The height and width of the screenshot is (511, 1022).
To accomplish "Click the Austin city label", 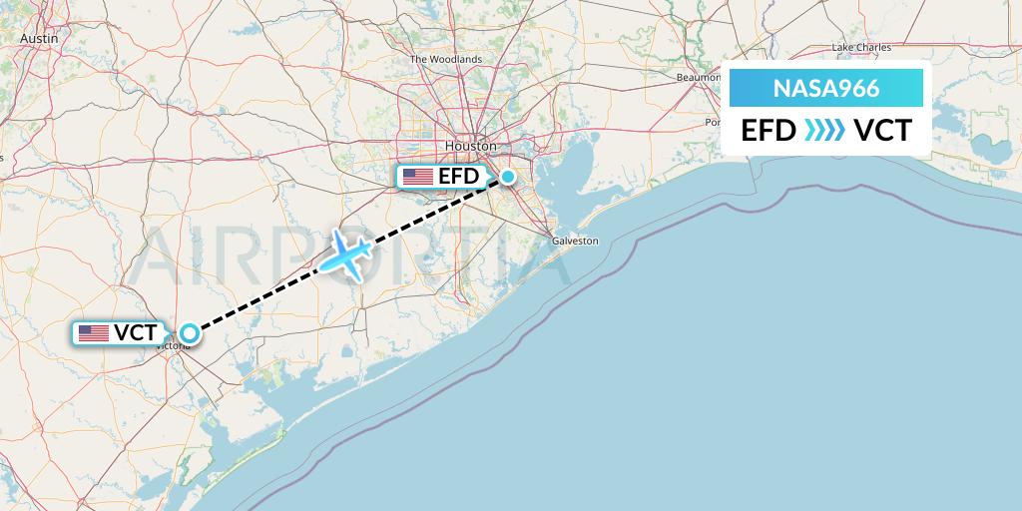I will coord(40,38).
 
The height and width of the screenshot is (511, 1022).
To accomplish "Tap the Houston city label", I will coord(470,146).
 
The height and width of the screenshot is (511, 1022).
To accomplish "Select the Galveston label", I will coord(575,241).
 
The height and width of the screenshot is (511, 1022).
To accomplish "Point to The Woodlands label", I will coord(446,59).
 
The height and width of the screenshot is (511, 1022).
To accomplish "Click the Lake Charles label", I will coord(861,47).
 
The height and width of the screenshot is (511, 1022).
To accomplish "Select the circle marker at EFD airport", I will coord(508,178).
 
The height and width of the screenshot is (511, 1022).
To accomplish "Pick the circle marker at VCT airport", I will coord(188,333).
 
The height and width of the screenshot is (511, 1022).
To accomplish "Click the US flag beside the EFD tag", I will coord(418,178).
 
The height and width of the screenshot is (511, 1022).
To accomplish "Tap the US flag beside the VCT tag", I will coord(94,333).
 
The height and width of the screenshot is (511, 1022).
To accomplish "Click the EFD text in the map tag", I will coord(459,178).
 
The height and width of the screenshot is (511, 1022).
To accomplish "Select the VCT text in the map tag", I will coord(136,333).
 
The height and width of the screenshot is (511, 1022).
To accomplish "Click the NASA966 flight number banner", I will coord(826,89).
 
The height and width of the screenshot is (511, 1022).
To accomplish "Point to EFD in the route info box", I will coord(768,131).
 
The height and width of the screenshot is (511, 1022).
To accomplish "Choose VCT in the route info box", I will coord(882,131).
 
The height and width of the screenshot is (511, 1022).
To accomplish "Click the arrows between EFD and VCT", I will coord(825,131).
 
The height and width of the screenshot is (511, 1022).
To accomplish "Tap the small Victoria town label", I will coord(174,345).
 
